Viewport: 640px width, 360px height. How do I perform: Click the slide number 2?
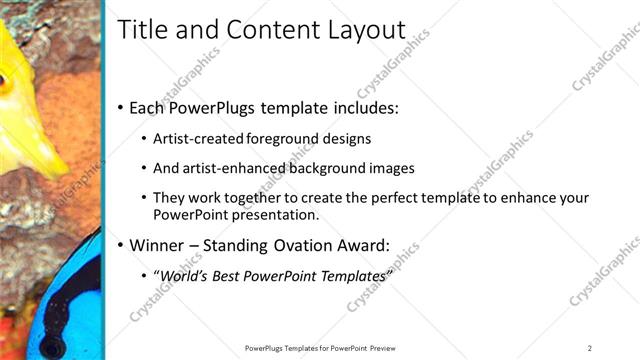[x=589, y=348]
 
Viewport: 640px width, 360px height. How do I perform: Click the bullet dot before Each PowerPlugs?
[x=121, y=107]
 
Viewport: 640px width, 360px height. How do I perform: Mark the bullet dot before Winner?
[x=121, y=246]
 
